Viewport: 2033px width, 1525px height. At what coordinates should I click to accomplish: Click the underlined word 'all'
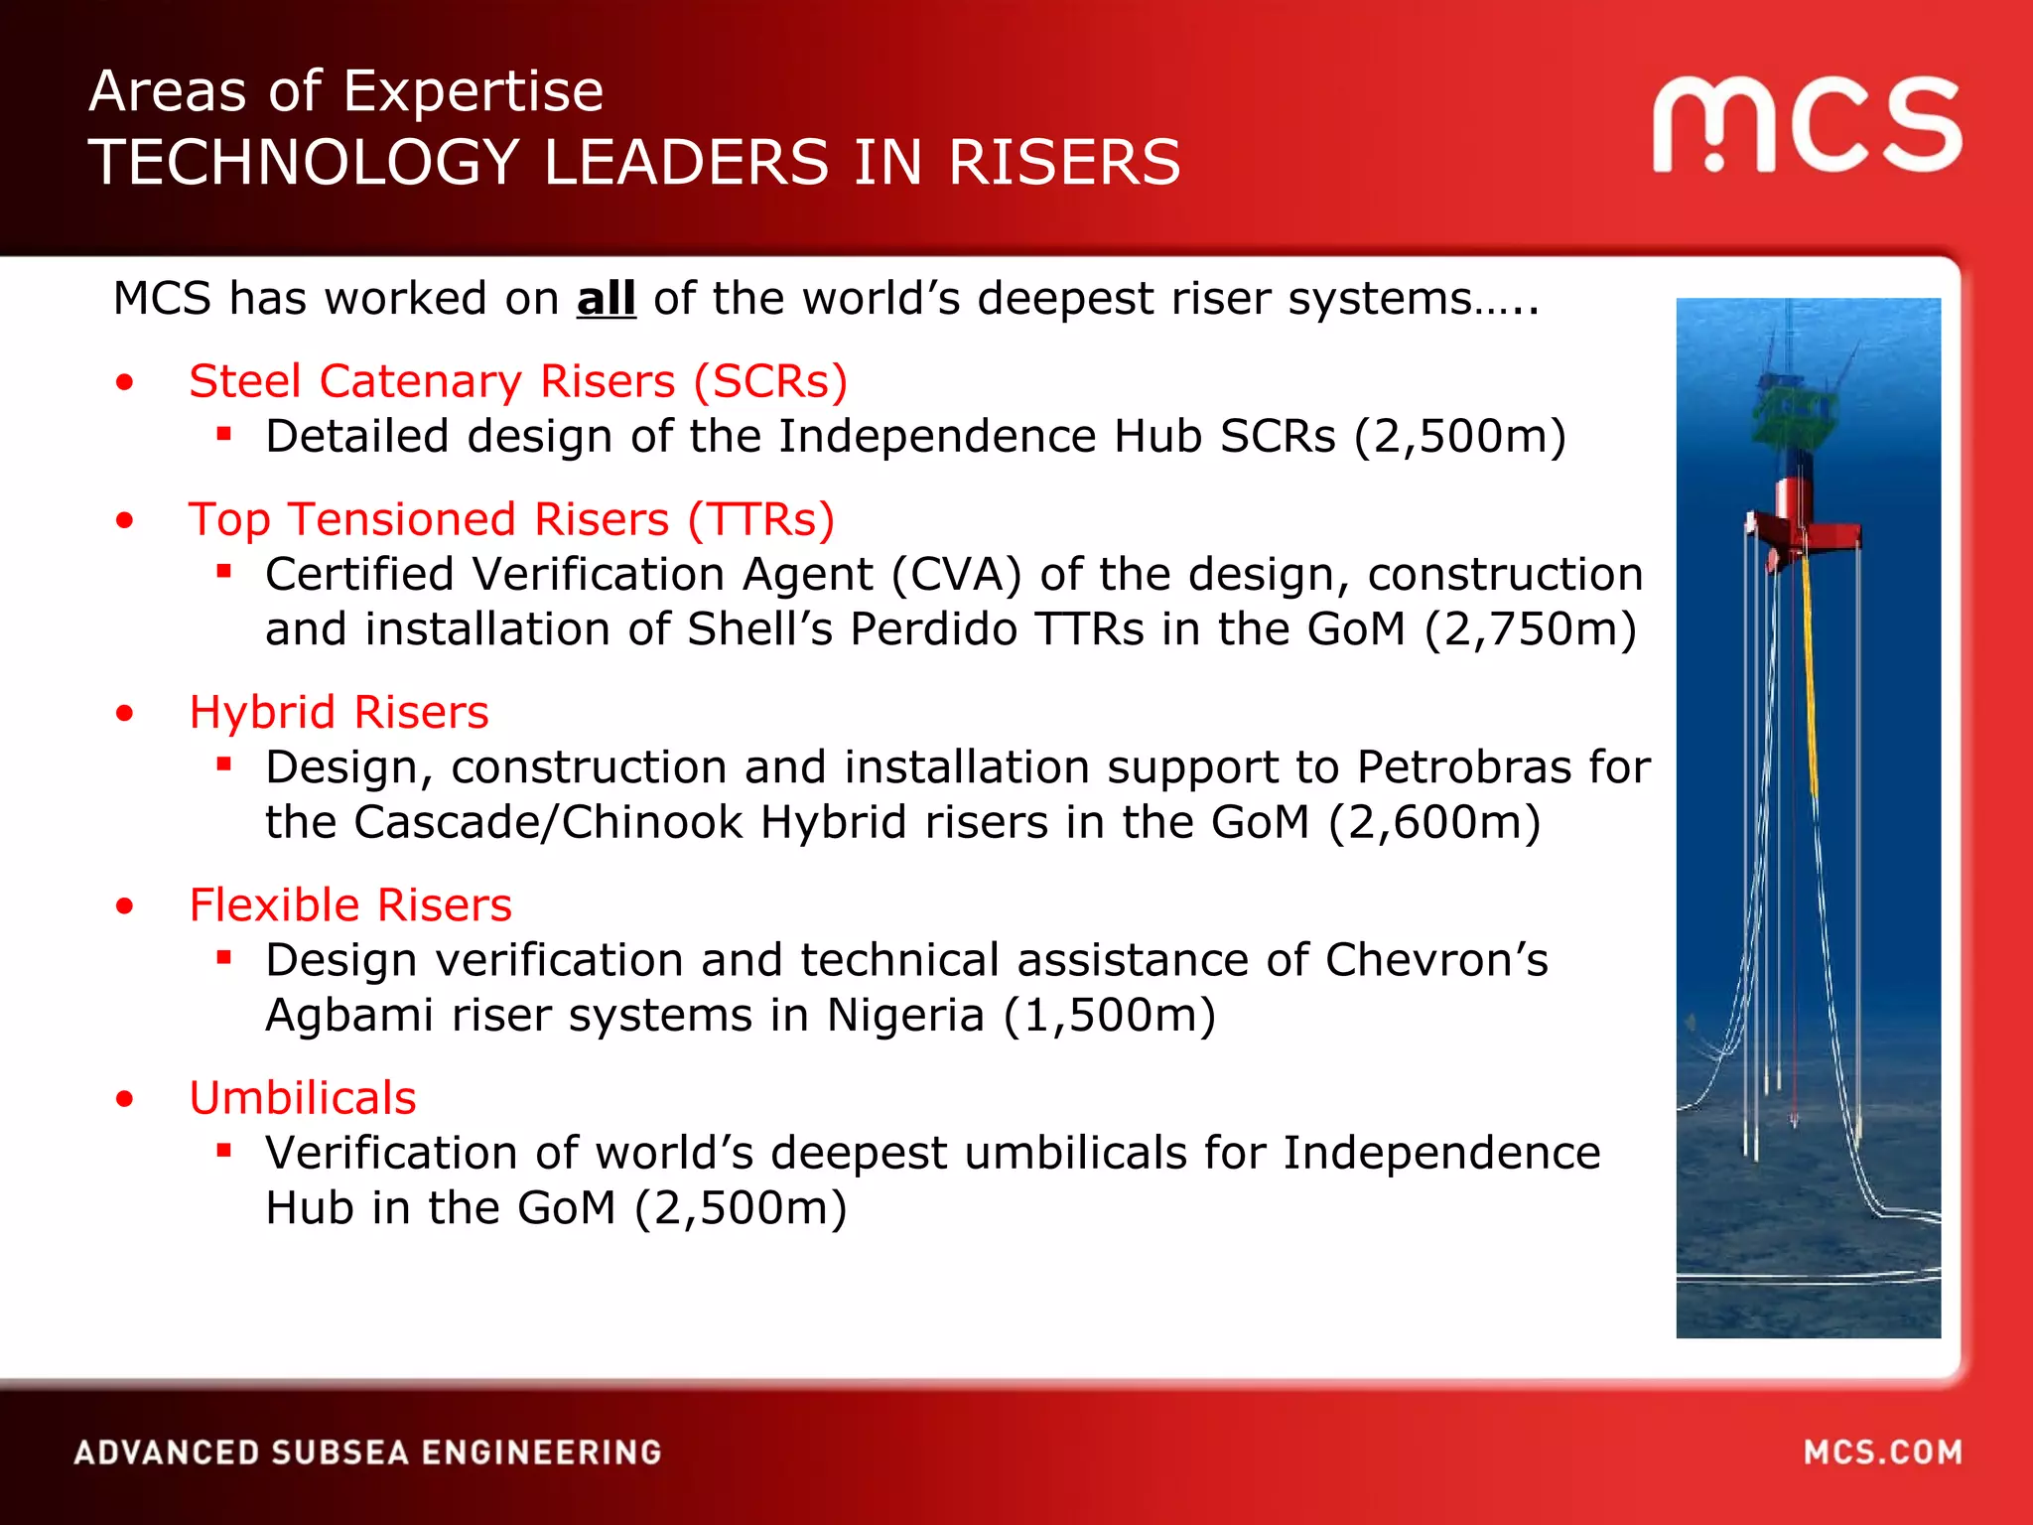(606, 299)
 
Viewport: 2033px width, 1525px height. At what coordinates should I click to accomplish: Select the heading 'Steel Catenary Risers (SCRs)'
(518, 381)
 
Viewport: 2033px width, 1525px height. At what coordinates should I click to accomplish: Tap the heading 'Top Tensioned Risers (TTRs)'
(511, 519)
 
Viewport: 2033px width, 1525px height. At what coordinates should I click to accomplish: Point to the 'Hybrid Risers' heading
(339, 712)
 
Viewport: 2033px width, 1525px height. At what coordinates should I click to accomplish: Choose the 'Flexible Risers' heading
(350, 904)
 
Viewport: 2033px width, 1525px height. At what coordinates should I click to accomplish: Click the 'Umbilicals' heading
(303, 1098)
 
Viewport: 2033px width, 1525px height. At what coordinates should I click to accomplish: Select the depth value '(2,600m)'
(1434, 822)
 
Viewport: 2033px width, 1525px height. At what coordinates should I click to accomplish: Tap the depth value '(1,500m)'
(1110, 1016)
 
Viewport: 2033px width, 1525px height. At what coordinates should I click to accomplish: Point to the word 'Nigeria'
(905, 1016)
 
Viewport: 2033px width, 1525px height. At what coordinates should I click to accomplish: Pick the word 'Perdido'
(933, 629)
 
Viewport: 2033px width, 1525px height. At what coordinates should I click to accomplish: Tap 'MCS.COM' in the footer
(1882, 1453)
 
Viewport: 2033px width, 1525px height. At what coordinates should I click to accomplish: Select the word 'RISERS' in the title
(1064, 163)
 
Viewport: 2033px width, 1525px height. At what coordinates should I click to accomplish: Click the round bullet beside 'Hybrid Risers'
(124, 713)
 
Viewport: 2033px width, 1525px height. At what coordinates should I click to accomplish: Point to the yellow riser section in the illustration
(1810, 675)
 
